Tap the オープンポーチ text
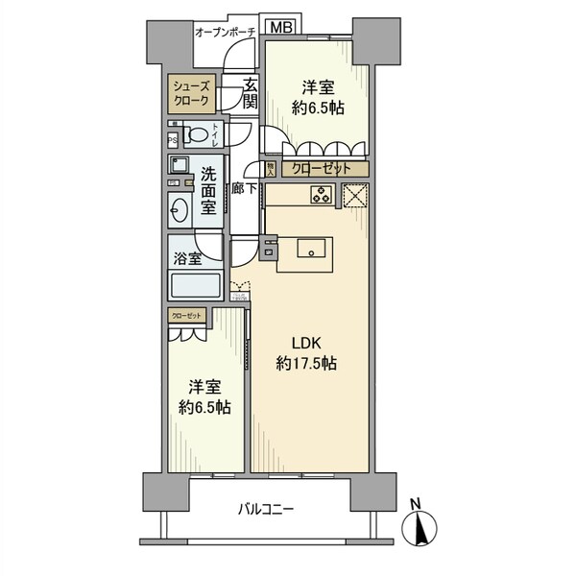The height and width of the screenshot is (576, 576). tap(224, 33)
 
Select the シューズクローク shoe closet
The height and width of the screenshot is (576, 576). tap(188, 94)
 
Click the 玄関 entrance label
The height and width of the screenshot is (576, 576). tap(250, 92)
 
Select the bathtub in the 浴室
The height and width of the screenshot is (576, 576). tap(195, 286)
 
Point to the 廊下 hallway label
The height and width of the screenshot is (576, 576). tap(244, 188)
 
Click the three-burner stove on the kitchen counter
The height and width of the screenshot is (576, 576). tap(320, 196)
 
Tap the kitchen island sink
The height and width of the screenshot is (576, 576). tap(312, 250)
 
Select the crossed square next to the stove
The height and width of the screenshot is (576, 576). tap(355, 196)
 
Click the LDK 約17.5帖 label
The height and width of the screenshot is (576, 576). tap(305, 353)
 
